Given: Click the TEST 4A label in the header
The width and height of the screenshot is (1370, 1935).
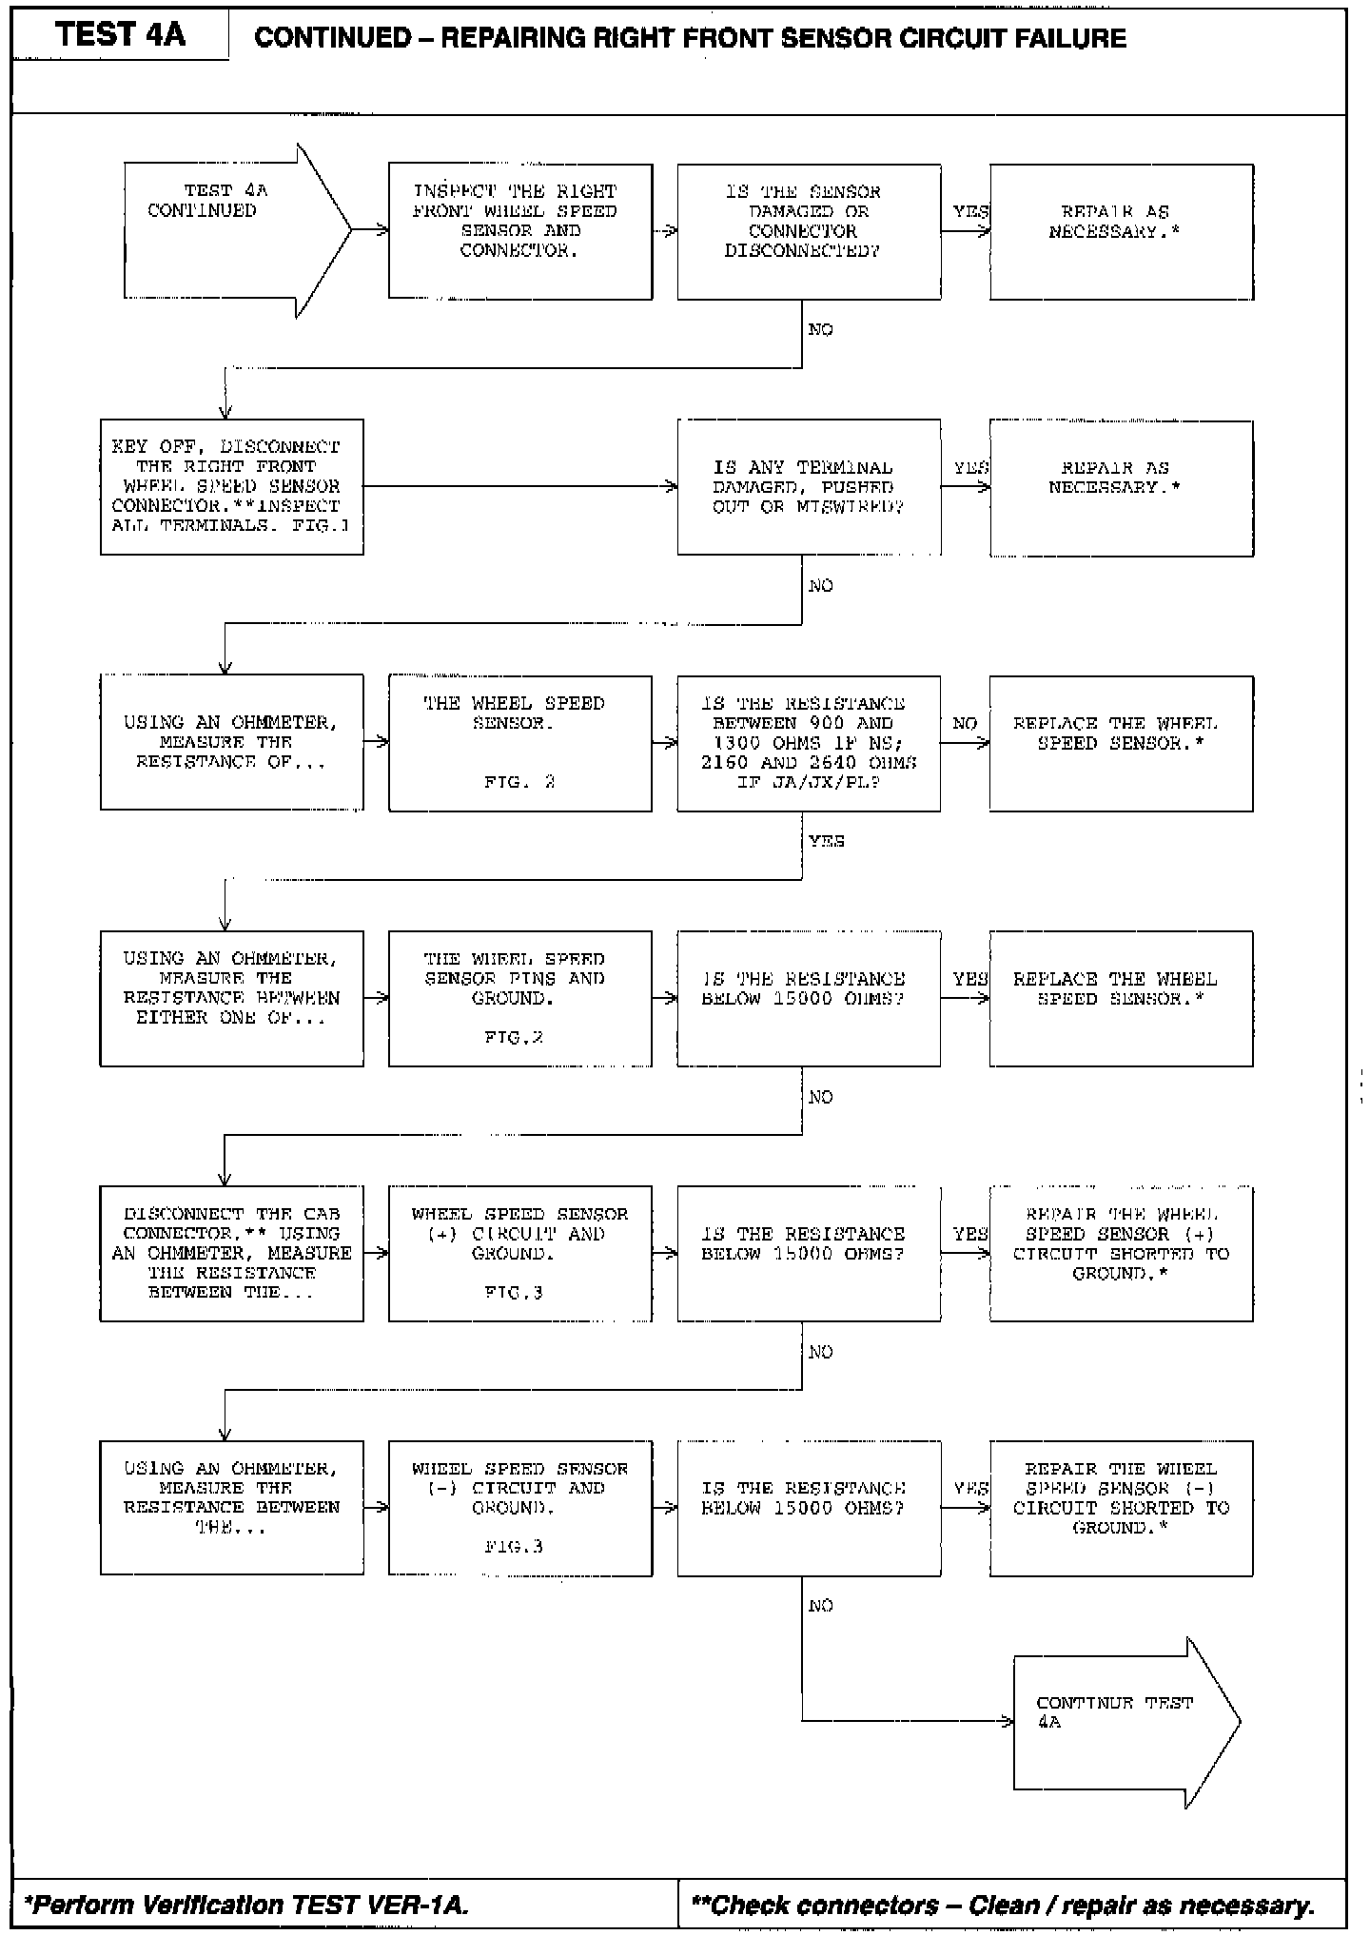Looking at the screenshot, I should click(120, 35).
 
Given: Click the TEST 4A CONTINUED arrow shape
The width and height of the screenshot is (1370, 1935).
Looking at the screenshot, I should click(228, 230).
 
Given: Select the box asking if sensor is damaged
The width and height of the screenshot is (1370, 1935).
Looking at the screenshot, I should click(809, 231).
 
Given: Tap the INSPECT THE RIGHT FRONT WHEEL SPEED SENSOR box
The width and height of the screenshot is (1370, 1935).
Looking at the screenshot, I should click(519, 231).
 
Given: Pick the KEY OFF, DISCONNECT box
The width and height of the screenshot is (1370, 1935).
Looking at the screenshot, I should click(231, 486).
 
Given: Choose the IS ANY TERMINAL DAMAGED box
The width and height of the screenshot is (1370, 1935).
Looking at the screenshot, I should click(809, 487).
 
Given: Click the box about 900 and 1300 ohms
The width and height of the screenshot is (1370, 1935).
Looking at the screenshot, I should click(809, 743).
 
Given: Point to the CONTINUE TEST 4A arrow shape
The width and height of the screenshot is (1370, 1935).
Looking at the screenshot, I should click(1123, 1721).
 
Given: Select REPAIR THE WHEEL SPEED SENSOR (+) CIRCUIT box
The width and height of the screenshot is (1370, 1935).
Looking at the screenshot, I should click(1121, 1253).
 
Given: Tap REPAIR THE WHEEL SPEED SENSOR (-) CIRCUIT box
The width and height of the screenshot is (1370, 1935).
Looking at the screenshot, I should click(1121, 1508).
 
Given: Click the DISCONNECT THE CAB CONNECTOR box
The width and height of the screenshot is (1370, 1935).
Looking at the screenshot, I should click(231, 1253).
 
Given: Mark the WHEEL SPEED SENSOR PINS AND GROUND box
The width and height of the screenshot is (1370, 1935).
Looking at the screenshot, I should click(519, 998).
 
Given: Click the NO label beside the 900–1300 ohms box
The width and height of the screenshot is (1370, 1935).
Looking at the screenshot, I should click(965, 724).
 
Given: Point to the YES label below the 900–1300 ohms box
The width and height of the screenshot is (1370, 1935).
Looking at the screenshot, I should click(826, 841).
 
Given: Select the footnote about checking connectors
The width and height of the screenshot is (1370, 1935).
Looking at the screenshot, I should click(1003, 1905).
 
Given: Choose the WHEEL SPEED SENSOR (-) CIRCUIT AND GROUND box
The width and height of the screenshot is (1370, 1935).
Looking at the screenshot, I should click(519, 1508).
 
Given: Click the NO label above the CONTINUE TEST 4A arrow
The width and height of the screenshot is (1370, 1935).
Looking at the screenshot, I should click(820, 1606).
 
